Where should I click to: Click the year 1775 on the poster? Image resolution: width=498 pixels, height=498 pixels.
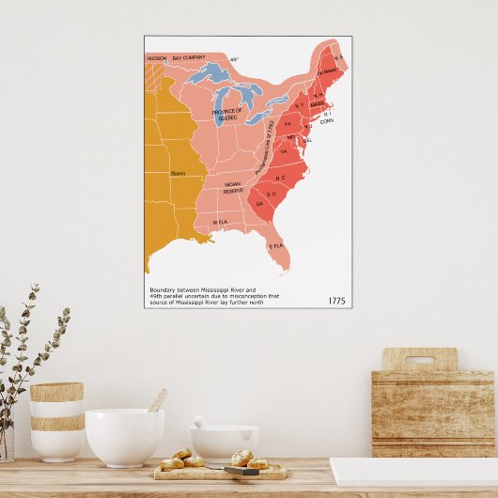(338, 301)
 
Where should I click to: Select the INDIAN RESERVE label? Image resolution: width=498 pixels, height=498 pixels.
(233, 187)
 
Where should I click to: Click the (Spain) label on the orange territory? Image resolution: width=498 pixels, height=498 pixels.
(178, 174)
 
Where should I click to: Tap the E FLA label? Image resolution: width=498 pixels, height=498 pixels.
(276, 245)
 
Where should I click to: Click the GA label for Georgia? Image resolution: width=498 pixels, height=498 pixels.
(259, 203)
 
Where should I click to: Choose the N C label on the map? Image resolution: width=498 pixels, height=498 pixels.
(280, 178)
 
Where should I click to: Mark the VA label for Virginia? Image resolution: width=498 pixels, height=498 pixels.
(283, 150)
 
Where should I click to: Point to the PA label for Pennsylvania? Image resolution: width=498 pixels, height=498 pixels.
(288, 124)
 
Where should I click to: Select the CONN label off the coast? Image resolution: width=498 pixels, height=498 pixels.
(327, 121)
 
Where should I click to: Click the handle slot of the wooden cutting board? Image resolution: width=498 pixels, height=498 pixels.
(420, 359)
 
